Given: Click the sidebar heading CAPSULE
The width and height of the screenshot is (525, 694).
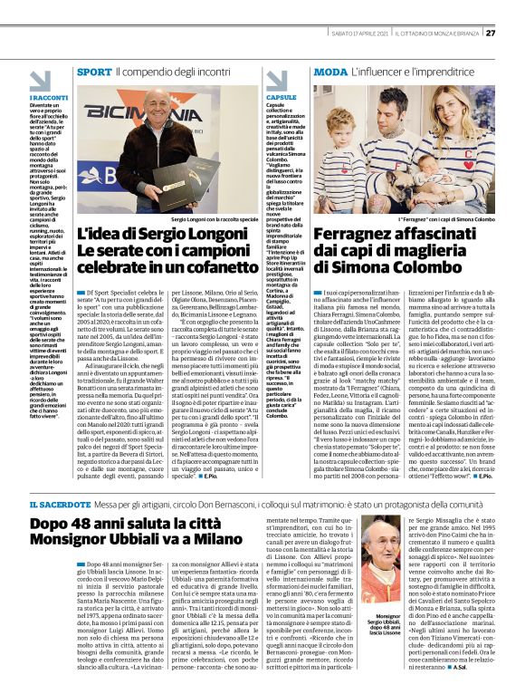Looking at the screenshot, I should coord(281,95).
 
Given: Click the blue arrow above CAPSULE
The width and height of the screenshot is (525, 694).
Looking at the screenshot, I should coord(272,87).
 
